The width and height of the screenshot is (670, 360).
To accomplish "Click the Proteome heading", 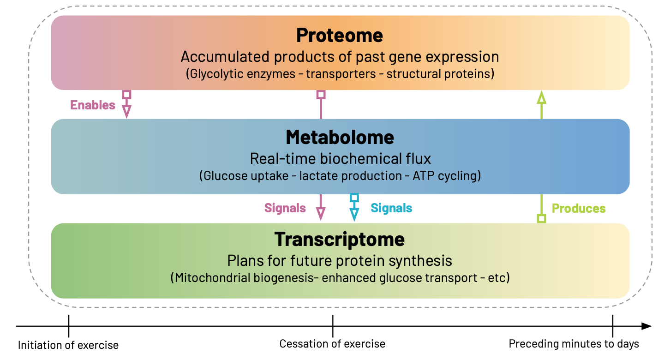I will coord(340,36).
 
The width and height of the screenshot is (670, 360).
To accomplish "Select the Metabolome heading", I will coord(340,137).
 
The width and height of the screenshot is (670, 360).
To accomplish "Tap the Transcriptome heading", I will coord(340,239).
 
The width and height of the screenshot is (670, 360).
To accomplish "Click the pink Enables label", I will coord(93,105).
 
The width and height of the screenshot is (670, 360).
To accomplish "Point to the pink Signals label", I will coord(285,208).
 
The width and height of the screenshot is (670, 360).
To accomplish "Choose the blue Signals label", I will coord(391,208).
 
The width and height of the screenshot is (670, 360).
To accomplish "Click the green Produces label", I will coord(579,209).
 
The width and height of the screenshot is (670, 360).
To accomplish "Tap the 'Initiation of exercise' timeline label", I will coord(68,345).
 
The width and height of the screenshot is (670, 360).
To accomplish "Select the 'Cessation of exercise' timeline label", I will coord(332,344).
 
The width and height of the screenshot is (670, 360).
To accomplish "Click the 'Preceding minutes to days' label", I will coord(574,344).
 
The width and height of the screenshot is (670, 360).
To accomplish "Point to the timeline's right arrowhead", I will coord(647,326).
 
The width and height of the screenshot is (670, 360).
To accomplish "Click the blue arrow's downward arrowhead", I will coord(354,214).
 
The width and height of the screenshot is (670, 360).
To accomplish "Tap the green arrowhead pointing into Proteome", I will coord(542,97).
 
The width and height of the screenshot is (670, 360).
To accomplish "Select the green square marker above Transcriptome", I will coord(542,219).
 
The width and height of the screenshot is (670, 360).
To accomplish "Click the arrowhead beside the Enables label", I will coord(126,111).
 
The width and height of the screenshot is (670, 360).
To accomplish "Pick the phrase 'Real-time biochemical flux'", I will coord(340,159).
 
